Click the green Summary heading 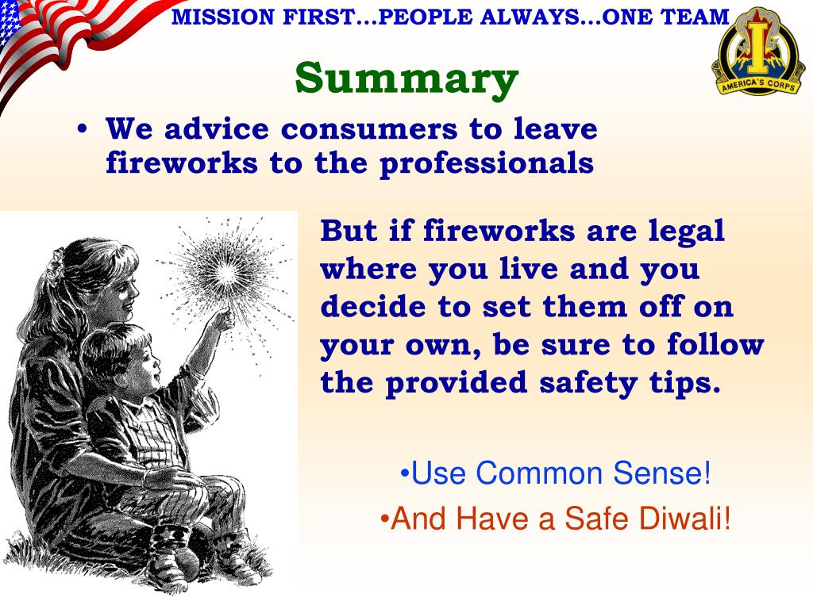click(406, 78)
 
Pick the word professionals click(486, 163)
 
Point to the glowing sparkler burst click(227, 274)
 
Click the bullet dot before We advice click(82, 131)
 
